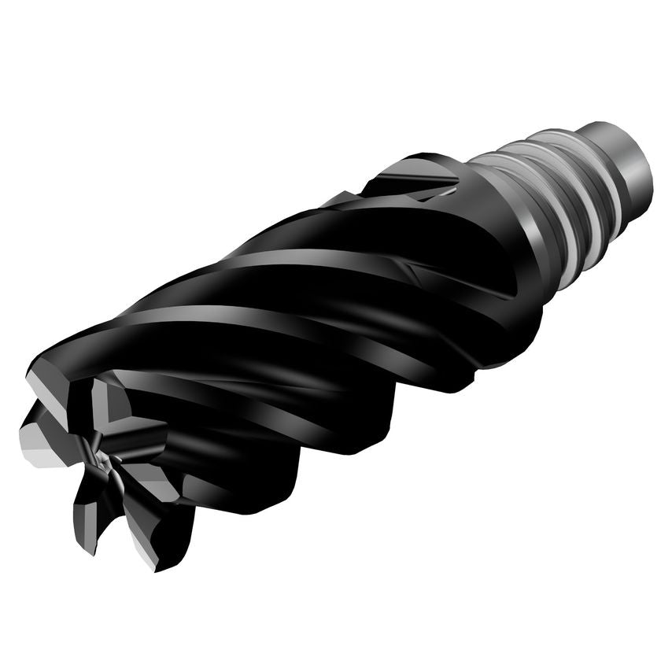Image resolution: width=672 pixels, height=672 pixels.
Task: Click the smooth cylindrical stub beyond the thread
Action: pos(626,161)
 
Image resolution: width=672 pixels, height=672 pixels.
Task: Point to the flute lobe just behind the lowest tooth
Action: pos(260,488)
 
